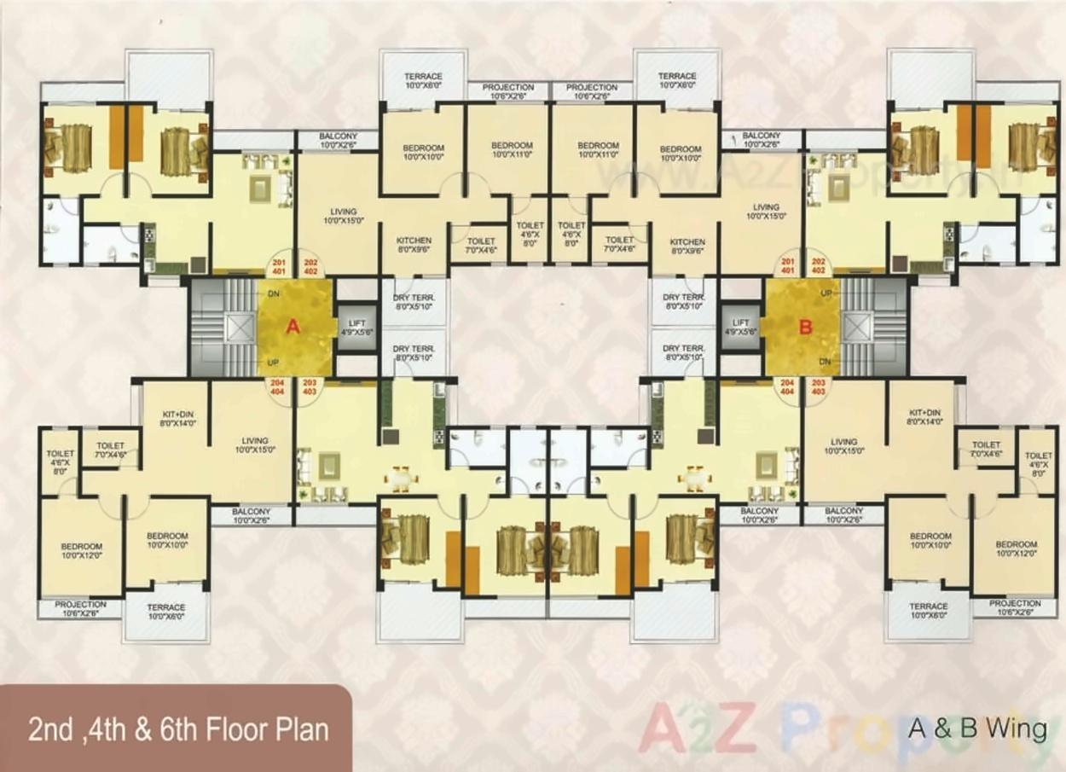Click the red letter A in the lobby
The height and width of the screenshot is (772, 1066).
coord(293,326)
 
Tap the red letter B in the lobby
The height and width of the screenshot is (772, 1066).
coord(804,326)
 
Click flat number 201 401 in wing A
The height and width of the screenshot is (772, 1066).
coord(278,266)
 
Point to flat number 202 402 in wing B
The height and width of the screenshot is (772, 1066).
coord(819,266)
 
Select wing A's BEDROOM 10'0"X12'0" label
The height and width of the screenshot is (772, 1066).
coord(81,551)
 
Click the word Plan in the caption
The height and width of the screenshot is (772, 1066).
coord(298,730)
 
